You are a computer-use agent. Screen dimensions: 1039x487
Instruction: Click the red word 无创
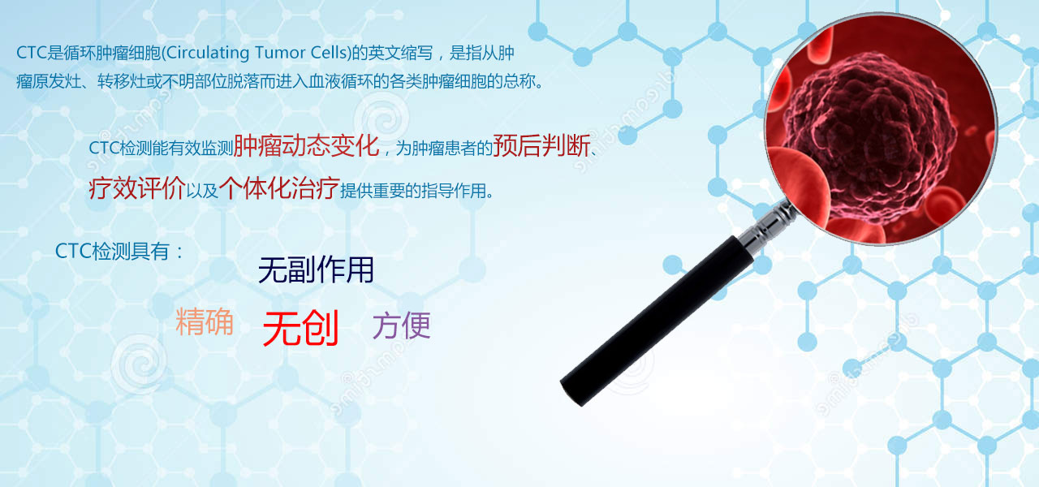tap(300, 329)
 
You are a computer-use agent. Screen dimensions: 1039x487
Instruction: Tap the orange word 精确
tap(205, 321)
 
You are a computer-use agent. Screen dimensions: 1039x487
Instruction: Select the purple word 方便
tap(402, 325)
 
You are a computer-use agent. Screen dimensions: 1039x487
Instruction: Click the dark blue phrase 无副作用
tap(316, 269)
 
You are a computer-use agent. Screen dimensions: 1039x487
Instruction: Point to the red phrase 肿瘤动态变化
tap(306, 145)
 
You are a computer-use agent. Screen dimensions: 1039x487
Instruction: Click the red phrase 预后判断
tap(541, 145)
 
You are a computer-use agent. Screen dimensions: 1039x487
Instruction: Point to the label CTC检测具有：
tap(119, 252)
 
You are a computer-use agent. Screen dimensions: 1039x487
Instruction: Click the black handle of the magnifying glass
tap(657, 321)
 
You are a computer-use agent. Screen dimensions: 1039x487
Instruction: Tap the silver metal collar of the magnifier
tap(768, 226)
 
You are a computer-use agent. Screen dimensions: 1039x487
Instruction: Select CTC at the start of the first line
tap(32, 53)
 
